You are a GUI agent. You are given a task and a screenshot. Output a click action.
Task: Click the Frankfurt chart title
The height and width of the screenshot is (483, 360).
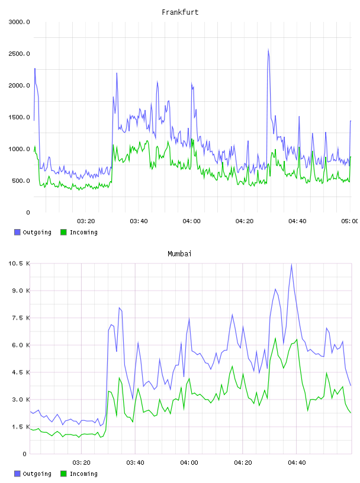[x=180, y=12]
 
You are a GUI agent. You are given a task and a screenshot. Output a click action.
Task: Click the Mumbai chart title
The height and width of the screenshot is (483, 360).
[x=179, y=254]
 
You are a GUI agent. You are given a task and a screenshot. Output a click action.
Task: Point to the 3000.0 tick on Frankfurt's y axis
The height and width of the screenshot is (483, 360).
[x=19, y=22]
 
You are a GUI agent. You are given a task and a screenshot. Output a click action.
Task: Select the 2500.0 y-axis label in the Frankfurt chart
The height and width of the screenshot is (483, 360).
[x=19, y=54]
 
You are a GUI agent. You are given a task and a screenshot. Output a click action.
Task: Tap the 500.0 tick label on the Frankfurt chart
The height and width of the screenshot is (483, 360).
[x=21, y=181]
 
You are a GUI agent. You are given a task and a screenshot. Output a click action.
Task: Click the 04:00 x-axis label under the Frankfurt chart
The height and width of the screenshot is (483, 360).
[x=191, y=221]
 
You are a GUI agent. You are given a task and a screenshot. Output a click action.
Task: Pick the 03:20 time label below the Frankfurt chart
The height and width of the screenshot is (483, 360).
[x=86, y=221]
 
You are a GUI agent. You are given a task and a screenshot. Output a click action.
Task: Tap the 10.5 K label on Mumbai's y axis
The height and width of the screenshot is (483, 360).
[x=19, y=263]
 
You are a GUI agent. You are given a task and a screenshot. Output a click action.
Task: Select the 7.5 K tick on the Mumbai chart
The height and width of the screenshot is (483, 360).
[x=21, y=318]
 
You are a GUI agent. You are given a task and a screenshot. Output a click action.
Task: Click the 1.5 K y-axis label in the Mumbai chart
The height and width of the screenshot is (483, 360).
[x=21, y=427]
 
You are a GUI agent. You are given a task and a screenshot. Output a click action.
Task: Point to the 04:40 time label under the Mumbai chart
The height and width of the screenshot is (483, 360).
[x=297, y=463]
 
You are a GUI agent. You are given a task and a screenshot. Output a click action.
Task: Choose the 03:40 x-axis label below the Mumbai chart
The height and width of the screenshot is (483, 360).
[x=136, y=463]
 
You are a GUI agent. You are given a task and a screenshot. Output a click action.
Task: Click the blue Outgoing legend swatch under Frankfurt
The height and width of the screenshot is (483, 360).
[x=17, y=232]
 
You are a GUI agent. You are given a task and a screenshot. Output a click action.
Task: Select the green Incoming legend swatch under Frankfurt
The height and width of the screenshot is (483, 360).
[x=63, y=232]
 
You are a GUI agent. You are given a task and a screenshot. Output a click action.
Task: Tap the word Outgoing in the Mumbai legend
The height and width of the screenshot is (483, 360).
[x=37, y=474]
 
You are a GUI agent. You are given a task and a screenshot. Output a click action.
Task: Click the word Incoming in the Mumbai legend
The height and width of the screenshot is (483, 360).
[x=83, y=474]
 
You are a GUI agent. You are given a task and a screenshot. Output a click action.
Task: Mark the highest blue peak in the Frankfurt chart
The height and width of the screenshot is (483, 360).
[x=268, y=49]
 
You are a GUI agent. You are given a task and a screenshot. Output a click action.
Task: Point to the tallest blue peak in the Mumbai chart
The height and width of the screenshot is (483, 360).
[x=291, y=265]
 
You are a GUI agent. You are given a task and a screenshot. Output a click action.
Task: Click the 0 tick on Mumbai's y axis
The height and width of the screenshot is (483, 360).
[x=25, y=454]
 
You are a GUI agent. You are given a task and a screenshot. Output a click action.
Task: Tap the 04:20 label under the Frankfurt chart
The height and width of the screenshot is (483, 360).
[x=245, y=221]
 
